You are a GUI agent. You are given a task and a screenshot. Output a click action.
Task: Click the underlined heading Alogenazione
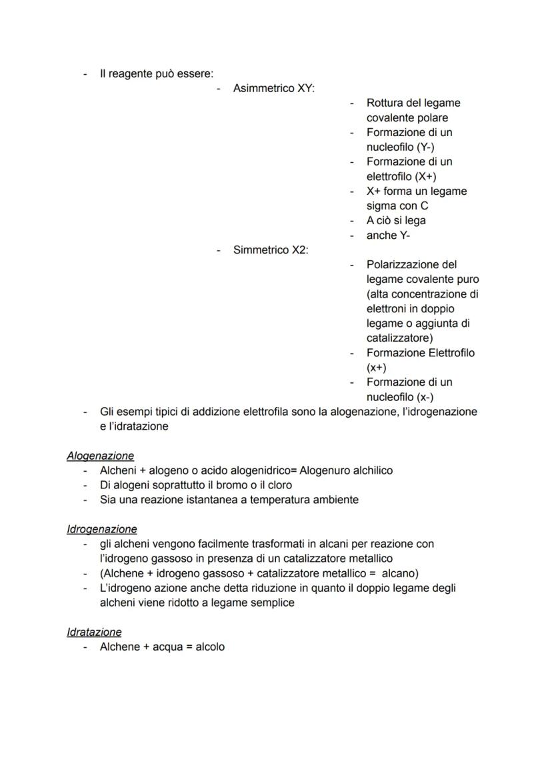[x=100, y=456]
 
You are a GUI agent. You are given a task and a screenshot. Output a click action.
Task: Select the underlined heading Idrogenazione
[x=102, y=529]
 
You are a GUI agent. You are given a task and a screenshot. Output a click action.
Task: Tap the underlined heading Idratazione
[x=94, y=632]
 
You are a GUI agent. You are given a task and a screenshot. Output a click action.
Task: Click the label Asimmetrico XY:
[x=273, y=88]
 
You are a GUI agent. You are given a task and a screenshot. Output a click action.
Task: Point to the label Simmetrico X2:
[x=271, y=250]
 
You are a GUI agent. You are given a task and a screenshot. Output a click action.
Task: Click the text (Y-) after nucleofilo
[x=425, y=147]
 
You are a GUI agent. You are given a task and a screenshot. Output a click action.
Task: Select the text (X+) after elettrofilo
[x=426, y=176]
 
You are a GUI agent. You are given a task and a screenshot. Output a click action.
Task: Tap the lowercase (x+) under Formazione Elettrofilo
[x=377, y=367]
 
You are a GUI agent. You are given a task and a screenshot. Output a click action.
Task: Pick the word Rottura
[x=386, y=103]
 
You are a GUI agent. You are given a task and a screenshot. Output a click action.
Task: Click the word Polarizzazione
[x=402, y=264]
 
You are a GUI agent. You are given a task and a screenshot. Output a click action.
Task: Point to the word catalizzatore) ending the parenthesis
[x=399, y=338]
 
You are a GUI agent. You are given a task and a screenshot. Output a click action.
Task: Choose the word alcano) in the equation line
[x=399, y=573]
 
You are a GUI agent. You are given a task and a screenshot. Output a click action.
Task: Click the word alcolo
[x=210, y=647]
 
